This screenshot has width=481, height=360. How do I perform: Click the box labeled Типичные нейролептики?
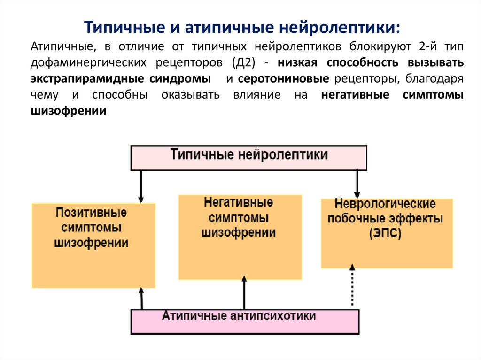tap(248, 157)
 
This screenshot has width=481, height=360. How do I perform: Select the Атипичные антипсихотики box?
tap(244, 322)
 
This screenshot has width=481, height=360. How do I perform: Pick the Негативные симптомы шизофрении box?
tap(240, 237)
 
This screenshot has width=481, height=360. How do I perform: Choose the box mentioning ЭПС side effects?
tap(387, 233)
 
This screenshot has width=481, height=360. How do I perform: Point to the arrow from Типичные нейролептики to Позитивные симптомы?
tap(140, 186)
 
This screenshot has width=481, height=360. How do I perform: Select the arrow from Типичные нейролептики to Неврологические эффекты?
tap(357, 183)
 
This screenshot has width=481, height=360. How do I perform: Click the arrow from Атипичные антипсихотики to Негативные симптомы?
tap(244, 293)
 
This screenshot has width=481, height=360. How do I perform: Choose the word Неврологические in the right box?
tap(385, 205)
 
